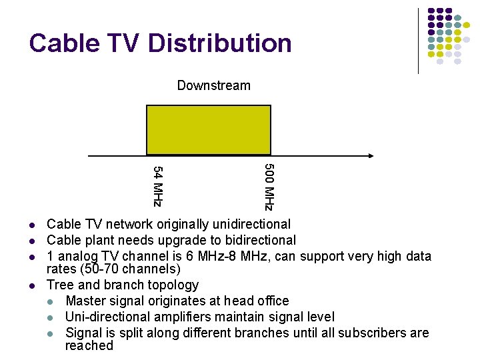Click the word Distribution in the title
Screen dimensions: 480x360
pos(219,43)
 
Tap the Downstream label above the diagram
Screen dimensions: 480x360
pos(213,85)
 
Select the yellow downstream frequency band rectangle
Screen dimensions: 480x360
pos(209,130)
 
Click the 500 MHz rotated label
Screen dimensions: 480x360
pos(268,187)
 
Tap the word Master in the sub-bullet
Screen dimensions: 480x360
pos(85,301)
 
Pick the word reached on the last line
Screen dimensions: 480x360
pos(89,345)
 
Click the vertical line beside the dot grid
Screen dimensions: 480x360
pos(418,40)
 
